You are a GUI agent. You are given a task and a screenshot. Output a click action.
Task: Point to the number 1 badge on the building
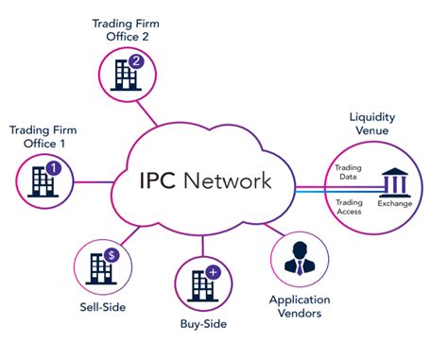tap(53, 169)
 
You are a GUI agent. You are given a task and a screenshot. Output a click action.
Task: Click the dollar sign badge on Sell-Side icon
tap(111, 254)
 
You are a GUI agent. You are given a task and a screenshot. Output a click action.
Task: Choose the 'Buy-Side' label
tap(202, 325)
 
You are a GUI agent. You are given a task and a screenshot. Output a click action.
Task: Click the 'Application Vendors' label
tap(301, 307)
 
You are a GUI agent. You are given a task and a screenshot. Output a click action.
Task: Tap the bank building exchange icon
tap(396, 181)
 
